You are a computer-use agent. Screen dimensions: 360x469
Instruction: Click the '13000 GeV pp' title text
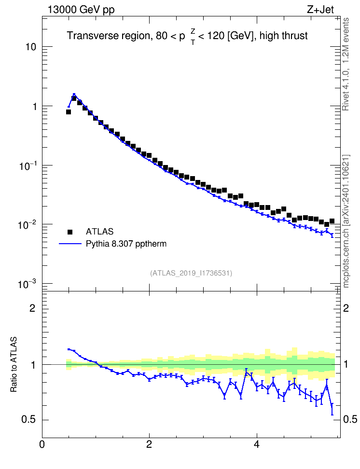pyautogui.click(x=81, y=10)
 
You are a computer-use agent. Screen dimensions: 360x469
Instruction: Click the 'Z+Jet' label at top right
pyautogui.click(x=320, y=10)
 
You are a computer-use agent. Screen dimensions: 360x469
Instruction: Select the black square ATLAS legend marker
pyautogui.click(x=70, y=232)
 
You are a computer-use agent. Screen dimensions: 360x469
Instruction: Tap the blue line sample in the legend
pyautogui.click(x=70, y=244)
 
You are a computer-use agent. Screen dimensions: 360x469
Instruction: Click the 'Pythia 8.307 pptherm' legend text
pyautogui.click(x=126, y=244)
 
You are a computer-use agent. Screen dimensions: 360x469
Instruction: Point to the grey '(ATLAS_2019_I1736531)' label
pyautogui.click(x=191, y=273)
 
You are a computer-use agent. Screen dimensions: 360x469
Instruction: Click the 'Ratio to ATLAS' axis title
pyautogui.click(x=14, y=364)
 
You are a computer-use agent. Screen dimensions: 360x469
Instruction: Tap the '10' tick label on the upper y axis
pyautogui.click(x=31, y=47)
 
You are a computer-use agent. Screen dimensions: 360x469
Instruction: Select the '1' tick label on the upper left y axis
pyautogui.click(x=34, y=107)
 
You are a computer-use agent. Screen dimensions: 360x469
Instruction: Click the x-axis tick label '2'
pyautogui.click(x=149, y=444)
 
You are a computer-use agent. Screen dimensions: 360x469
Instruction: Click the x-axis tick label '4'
pyautogui.click(x=256, y=444)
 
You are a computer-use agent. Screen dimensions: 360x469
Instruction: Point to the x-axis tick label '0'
pyautogui.click(x=42, y=444)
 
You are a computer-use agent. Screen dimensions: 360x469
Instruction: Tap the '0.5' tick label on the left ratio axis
pyautogui.click(x=29, y=419)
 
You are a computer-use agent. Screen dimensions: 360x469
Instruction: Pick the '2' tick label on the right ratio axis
pyautogui.click(x=346, y=308)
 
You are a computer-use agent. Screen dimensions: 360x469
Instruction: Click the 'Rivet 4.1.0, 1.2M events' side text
pyautogui.click(x=346, y=64)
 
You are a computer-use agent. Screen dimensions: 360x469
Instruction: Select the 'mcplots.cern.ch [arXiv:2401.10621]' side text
pyautogui.click(x=346, y=221)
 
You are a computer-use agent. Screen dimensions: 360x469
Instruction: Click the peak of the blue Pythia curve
pyautogui.click(x=74, y=94)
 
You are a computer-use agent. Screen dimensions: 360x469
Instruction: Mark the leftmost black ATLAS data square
pyautogui.click(x=69, y=112)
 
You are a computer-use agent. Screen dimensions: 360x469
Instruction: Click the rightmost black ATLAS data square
pyautogui.click(x=332, y=221)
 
